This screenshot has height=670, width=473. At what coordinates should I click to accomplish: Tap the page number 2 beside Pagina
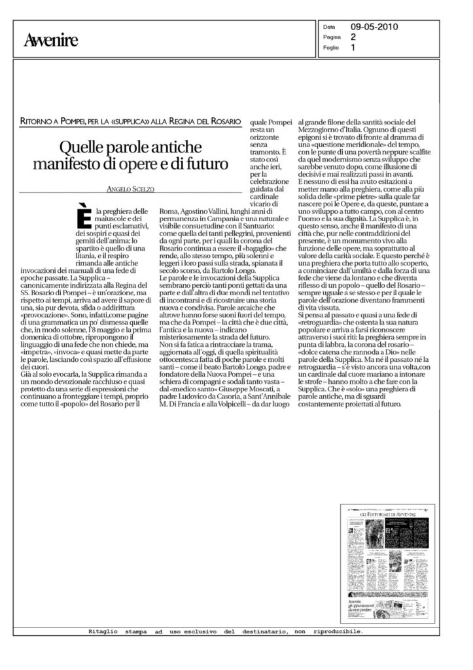tap(353, 37)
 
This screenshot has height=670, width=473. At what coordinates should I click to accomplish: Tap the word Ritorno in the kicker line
tap(38, 122)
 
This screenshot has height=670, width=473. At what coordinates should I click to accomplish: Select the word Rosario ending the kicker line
tap(223, 122)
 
